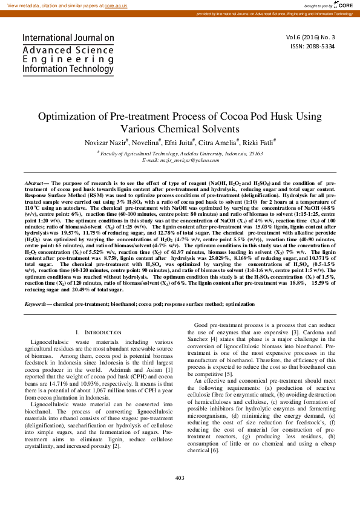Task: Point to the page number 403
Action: coord(179,495)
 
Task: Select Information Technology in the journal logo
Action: coord(68,69)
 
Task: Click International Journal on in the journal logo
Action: coord(68,38)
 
